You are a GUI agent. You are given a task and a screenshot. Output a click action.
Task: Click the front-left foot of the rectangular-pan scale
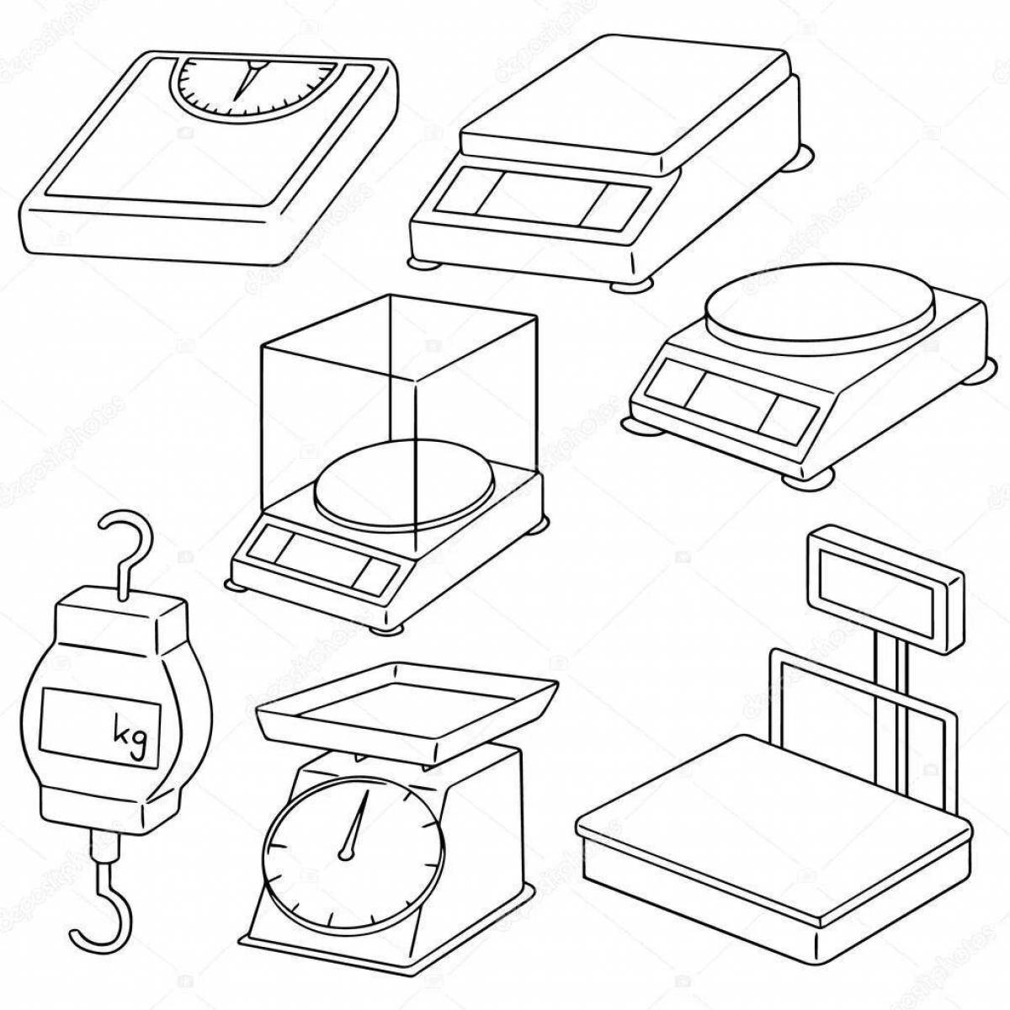point(425,263)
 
